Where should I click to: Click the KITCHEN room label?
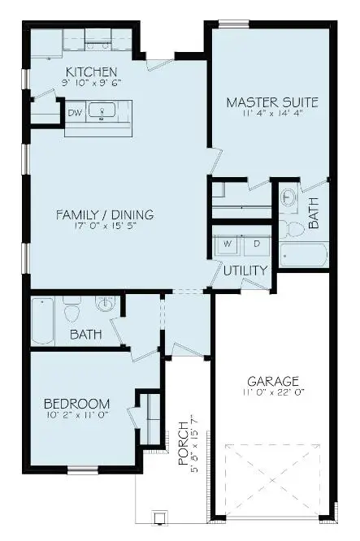pos(91,71)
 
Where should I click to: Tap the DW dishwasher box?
pos(75,113)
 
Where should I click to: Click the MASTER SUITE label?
pos(271,102)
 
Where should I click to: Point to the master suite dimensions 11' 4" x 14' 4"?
pos(271,115)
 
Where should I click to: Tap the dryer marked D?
pos(256,244)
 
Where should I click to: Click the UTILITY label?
pos(245,270)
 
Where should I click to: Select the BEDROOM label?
pos(76,404)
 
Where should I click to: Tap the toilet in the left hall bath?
pos(72,309)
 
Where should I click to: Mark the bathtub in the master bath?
pos(303,254)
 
